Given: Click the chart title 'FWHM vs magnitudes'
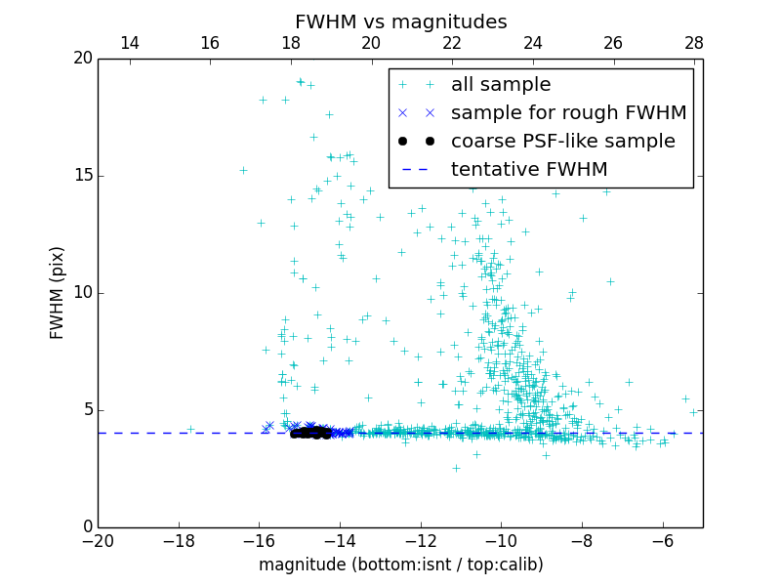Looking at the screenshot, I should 400,21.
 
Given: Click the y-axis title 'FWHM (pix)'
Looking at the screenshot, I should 58,292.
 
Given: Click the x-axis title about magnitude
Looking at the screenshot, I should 400,565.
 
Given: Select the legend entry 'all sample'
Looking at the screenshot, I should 501,85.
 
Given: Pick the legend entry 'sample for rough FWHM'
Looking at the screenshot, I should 568,113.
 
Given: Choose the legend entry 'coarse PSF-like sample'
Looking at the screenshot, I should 562,142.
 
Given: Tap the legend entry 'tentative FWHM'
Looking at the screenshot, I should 529,169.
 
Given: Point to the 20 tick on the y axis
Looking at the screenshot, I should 83,59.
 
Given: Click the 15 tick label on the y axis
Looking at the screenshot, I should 83,176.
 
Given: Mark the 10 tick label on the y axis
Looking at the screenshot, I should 83,293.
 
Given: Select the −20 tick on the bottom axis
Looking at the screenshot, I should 98,540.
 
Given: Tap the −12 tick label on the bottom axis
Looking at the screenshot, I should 421,540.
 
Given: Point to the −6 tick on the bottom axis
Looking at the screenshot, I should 663,540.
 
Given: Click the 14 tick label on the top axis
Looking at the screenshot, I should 129,43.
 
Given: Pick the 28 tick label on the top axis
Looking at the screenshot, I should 694,43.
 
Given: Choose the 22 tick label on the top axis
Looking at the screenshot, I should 452,43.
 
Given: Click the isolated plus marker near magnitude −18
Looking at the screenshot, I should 190,429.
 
